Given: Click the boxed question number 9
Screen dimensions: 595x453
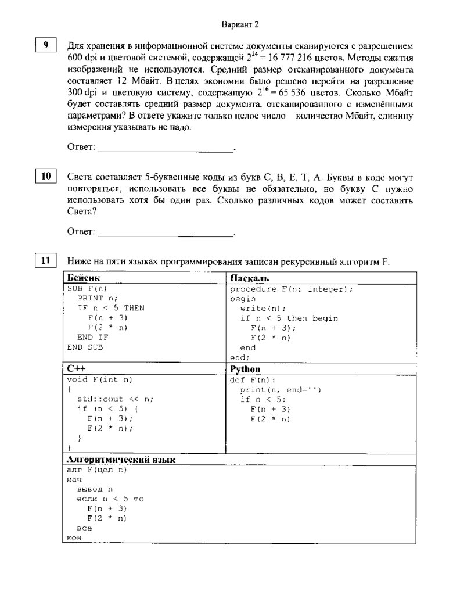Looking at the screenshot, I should click(x=46, y=45).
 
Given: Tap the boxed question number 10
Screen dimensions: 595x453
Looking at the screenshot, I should click(x=46, y=175).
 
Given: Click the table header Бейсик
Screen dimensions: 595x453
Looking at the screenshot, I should click(x=83, y=278).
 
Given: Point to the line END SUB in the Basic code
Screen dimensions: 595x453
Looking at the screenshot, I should click(x=85, y=347).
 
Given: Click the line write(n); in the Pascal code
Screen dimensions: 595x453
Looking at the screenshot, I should click(x=263, y=309).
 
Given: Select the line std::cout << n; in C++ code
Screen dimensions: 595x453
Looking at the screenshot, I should click(x=115, y=399).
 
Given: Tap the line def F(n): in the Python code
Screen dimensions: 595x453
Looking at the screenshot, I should click(x=253, y=380).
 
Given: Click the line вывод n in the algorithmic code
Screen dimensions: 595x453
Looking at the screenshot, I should click(x=95, y=489).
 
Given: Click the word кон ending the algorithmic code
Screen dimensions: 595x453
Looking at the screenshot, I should click(x=74, y=538).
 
